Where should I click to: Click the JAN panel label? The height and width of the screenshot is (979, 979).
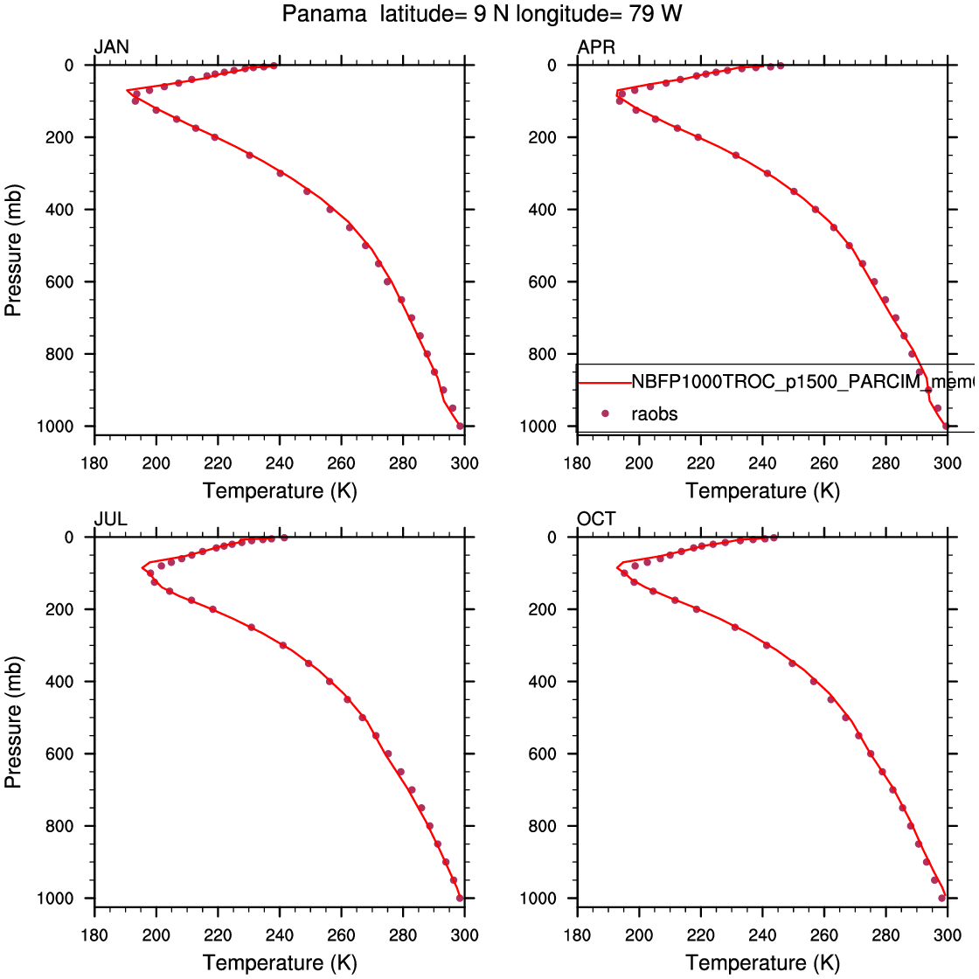click(111, 47)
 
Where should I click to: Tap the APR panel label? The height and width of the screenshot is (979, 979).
click(596, 47)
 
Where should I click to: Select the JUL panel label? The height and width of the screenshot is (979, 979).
click(110, 519)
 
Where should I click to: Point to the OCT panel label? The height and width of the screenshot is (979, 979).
click(596, 519)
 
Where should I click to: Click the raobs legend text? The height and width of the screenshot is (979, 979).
click(654, 413)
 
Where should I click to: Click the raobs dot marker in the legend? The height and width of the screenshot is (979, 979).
click(603, 413)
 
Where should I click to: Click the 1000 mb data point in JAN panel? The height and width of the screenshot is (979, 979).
click(461, 426)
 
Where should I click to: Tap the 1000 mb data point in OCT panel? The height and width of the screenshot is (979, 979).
click(942, 898)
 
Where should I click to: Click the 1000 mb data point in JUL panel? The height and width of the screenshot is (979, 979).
click(460, 898)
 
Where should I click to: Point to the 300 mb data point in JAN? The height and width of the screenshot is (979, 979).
click(281, 173)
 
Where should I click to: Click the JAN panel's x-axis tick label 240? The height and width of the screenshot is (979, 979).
click(280, 462)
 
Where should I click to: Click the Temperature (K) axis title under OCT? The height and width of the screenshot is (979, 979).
click(762, 963)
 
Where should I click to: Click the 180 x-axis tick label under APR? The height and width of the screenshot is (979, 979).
click(577, 462)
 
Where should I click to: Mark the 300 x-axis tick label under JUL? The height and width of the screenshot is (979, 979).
click(464, 934)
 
